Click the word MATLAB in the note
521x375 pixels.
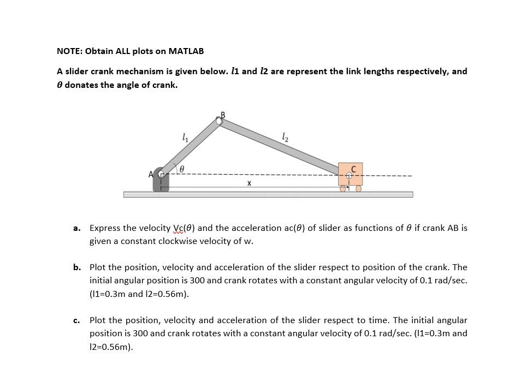(x=186, y=51)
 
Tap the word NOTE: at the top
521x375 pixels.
(x=69, y=51)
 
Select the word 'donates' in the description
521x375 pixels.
(x=85, y=85)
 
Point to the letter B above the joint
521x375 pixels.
(x=222, y=115)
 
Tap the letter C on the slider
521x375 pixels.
(x=353, y=169)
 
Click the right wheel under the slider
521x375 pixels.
(x=359, y=189)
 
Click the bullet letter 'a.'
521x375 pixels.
(x=77, y=228)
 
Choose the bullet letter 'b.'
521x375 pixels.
(x=77, y=267)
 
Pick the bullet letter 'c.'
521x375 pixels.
(x=77, y=320)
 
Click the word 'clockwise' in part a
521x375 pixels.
(x=197, y=241)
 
